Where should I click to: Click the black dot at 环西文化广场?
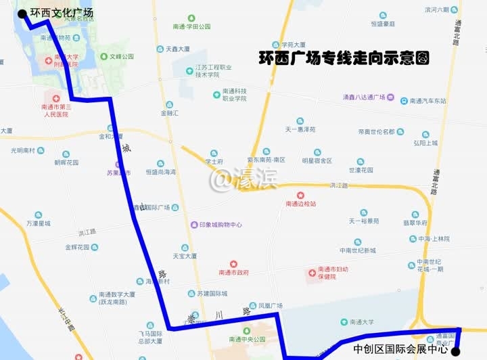click(22, 13)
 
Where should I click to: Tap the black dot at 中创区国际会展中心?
click(455, 351)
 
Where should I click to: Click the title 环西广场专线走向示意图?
click(344, 60)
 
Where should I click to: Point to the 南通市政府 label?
click(234, 272)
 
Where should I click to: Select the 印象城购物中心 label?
click(221, 225)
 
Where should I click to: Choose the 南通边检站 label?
click(301, 203)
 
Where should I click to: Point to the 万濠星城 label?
click(39, 223)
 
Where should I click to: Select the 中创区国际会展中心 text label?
click(401, 350)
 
